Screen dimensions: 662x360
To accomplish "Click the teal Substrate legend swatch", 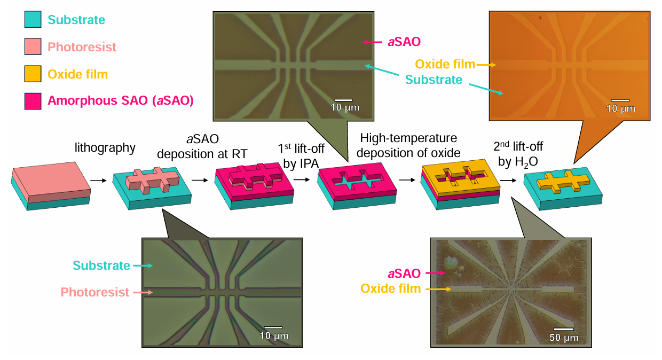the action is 33,20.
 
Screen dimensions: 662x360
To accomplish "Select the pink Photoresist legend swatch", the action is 33,46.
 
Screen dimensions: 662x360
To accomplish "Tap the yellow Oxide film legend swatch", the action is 33,74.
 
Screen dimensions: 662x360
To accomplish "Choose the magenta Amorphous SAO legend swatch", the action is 33,101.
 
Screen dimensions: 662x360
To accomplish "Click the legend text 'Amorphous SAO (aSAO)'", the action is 121,100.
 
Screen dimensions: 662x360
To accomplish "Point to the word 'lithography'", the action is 105,147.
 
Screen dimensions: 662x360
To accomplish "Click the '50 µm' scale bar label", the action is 564,338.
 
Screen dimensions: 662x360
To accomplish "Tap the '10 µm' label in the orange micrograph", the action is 620,108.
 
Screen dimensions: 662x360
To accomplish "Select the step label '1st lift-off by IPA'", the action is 301,156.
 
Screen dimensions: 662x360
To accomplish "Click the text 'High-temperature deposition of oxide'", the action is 408,145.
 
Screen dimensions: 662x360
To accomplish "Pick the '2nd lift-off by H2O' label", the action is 518,154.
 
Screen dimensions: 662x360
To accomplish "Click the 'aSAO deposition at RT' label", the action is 202,146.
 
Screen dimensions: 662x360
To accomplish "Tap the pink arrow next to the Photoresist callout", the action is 143,292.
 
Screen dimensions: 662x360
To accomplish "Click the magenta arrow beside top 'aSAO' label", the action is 373,42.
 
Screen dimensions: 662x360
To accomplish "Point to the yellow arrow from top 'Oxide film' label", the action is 486,65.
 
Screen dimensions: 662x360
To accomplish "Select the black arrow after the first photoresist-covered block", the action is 98,181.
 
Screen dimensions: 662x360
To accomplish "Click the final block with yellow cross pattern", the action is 563,188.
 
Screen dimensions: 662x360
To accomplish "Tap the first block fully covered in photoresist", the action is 51,186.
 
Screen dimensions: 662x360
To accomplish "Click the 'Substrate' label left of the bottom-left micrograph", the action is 101,265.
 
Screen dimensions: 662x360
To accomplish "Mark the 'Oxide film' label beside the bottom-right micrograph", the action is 391,288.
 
